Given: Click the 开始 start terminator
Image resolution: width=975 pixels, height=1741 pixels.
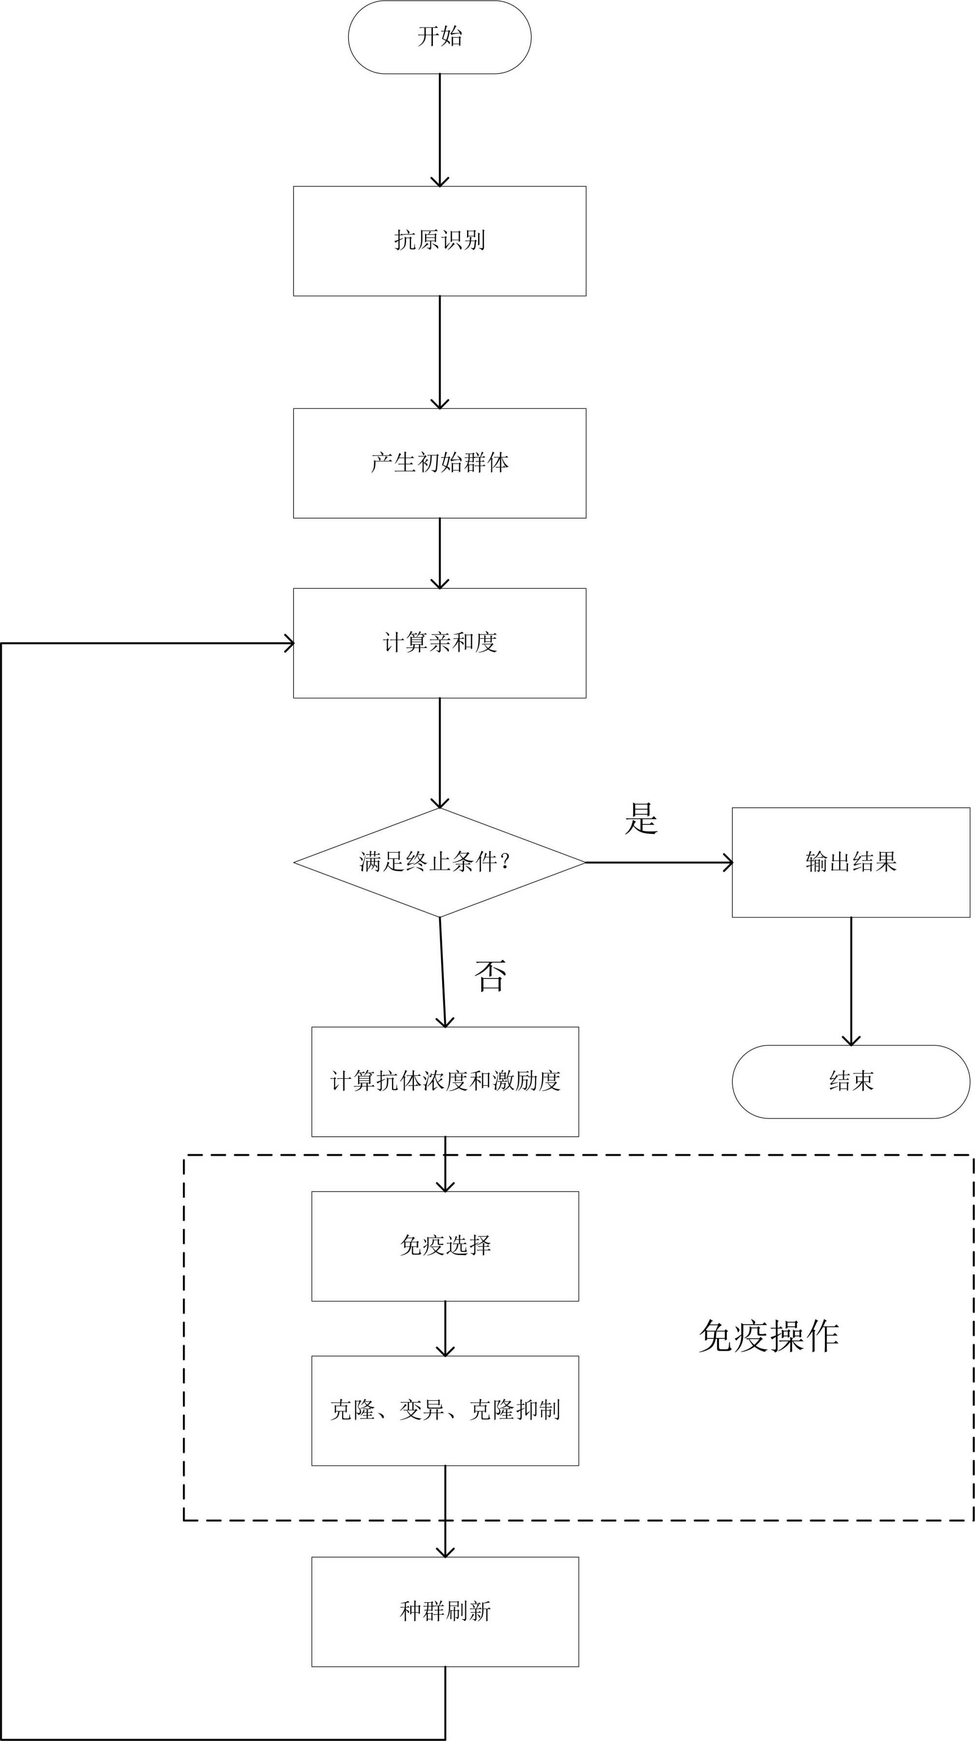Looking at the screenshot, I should pyautogui.click(x=440, y=37).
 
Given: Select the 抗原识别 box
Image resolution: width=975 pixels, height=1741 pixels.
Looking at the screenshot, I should pyautogui.click(x=440, y=241).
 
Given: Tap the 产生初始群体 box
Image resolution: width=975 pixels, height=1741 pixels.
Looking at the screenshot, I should pyautogui.click(x=440, y=463).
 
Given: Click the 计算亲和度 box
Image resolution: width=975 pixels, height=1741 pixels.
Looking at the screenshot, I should pyautogui.click(x=440, y=643).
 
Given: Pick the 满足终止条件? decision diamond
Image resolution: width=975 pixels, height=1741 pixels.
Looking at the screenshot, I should pyautogui.click(x=440, y=862).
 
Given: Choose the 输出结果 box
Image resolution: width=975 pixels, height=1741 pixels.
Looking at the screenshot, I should pyautogui.click(x=851, y=862).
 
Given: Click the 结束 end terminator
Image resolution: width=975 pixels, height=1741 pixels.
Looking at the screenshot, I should pyautogui.click(x=851, y=1081).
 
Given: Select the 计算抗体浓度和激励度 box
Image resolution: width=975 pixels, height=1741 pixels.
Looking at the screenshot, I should pyautogui.click(x=445, y=1081).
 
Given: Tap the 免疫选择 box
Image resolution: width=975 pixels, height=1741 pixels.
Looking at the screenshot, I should pyautogui.click(x=445, y=1245).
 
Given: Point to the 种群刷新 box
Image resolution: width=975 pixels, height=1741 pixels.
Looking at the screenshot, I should pyautogui.click(x=445, y=1612).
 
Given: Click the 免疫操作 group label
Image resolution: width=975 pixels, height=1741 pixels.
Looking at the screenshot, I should pyautogui.click(x=769, y=1336).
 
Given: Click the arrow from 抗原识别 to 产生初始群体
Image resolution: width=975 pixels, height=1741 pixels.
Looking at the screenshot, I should pyautogui.click(x=440, y=351).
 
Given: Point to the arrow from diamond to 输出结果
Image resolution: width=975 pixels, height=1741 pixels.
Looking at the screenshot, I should pyautogui.click(x=659, y=862).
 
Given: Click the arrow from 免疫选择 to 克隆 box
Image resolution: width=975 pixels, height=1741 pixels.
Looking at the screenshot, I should pyautogui.click(x=445, y=1328).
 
